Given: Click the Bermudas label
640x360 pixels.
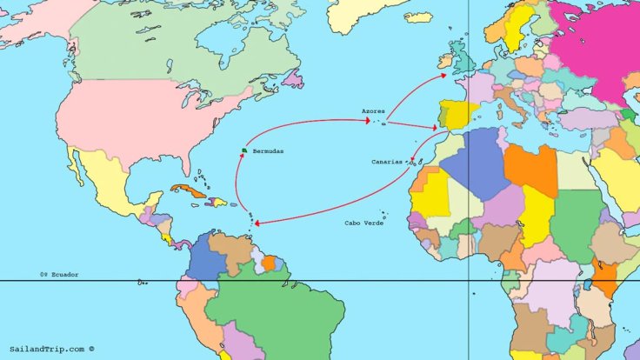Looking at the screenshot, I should tap(269, 152).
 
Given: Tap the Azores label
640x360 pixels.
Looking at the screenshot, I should tap(373, 111).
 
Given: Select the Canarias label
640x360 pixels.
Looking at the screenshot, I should tap(387, 162).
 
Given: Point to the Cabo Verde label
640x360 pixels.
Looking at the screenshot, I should tap(363, 223).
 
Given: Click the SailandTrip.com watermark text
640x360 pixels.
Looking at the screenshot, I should tap(51, 349).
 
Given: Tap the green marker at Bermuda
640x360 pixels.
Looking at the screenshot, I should tap(244, 151).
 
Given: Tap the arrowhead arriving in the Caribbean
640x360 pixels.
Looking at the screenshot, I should tap(257, 223).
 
